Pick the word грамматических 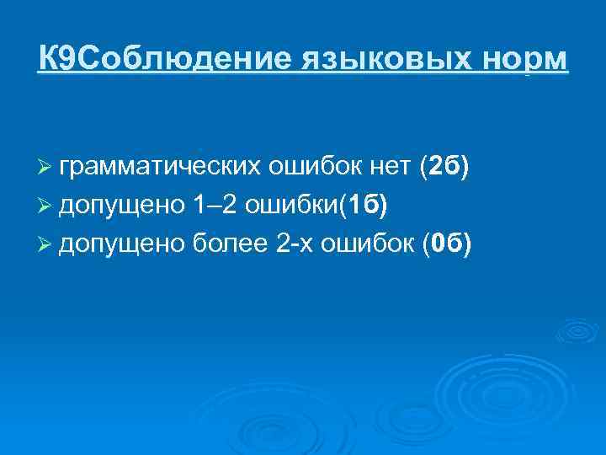pos(160,169)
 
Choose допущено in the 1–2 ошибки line pos(116,206)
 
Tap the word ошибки pos(288,206)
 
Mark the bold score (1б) pos(362,206)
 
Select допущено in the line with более pos(116,244)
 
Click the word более pos(226,244)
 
